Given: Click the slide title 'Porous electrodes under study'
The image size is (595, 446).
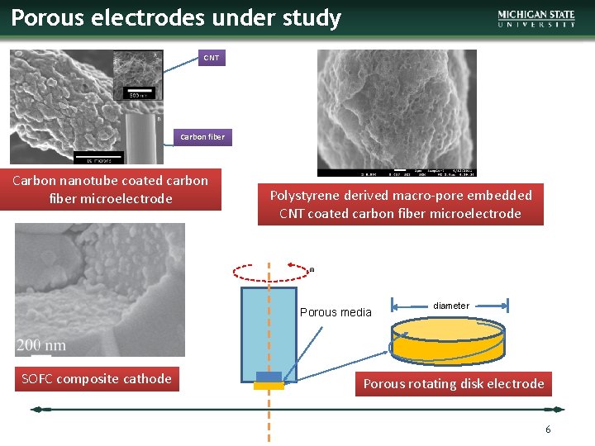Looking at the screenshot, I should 176,18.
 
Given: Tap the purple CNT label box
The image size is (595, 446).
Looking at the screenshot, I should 212,58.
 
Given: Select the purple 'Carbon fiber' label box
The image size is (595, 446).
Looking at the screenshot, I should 203,137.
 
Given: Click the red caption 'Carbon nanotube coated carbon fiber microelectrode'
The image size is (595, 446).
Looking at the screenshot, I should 111,189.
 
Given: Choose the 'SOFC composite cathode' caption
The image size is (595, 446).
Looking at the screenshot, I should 97,379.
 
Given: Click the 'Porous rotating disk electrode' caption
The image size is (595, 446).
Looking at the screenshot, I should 453,384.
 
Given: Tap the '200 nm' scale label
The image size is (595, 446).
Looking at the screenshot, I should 41,344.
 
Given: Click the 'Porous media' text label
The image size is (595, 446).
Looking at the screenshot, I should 336,312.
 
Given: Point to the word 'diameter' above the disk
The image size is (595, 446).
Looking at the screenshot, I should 450,306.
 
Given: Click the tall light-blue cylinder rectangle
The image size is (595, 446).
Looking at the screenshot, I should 269,330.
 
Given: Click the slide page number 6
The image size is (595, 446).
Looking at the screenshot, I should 547,429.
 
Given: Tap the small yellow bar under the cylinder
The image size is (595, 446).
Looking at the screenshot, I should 269,386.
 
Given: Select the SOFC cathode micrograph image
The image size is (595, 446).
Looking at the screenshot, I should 99,289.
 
